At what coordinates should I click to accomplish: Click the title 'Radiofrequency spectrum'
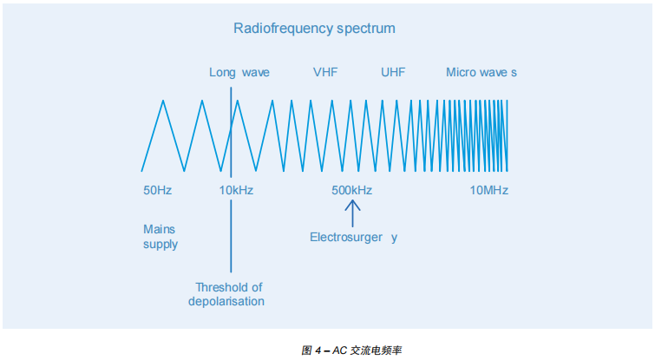314,29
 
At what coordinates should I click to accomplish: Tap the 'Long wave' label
239,72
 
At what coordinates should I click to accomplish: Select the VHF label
325,72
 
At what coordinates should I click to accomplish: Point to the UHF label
393,72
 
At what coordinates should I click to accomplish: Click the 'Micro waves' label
481,72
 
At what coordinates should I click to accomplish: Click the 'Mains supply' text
160,237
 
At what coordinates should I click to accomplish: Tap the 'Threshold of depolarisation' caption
228,294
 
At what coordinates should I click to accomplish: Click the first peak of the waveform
162,101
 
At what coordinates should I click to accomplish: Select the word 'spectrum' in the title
366,29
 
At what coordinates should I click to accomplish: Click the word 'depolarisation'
226,302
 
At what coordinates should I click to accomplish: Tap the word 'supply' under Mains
160,245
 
